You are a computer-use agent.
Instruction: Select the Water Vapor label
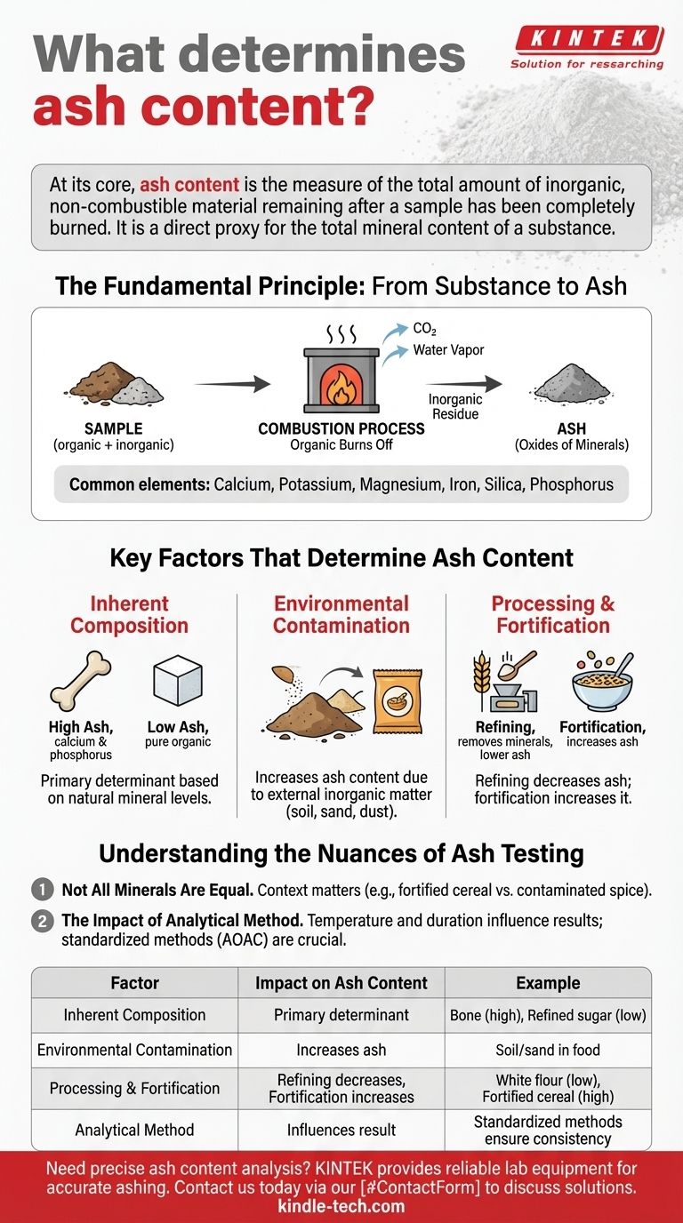tap(448, 350)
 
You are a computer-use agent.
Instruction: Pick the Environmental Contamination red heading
tap(341, 614)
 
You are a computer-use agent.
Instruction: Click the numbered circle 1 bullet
tap(42, 890)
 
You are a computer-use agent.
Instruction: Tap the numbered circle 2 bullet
tap(42, 921)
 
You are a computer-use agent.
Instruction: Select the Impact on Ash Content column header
tap(341, 983)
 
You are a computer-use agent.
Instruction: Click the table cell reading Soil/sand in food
tap(548, 1050)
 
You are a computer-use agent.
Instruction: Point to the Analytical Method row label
tap(134, 1131)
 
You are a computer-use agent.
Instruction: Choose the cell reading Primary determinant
tap(341, 1015)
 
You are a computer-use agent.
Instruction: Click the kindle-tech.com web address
tap(341, 1206)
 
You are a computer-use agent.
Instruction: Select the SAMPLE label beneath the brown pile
tap(113, 428)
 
